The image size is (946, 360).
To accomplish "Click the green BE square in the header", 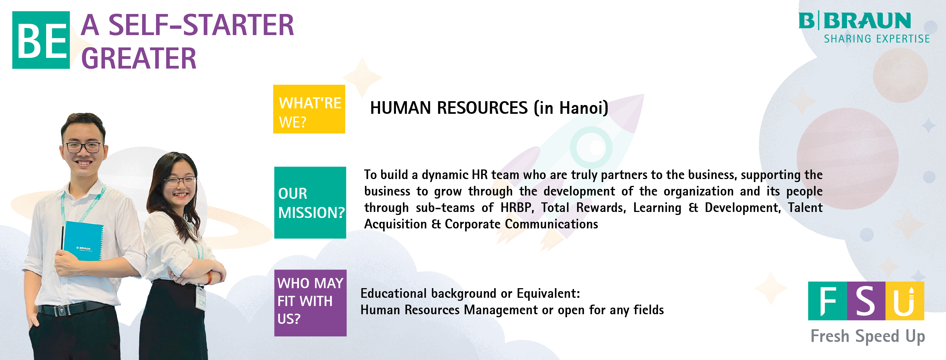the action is point(41,40).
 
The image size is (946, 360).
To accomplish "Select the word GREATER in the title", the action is point(139,58).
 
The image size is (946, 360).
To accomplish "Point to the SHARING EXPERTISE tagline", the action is point(877,39).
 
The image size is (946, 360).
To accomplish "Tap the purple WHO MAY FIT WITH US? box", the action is point(310,303).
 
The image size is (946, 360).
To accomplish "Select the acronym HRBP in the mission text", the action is point(517,208).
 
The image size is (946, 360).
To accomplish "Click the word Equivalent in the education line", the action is point(546,293).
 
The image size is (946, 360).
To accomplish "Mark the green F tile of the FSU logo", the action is point(827,301).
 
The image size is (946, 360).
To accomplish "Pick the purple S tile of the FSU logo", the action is point(866,301).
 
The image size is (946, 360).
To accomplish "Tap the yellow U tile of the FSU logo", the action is point(905,301).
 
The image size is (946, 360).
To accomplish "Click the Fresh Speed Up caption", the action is point(868,336).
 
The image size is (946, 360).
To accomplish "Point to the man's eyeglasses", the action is point(83,147).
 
